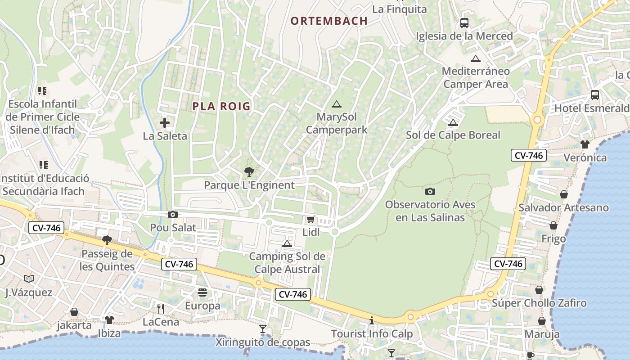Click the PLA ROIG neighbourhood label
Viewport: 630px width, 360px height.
pos(221,106)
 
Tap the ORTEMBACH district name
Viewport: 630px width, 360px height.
pos(329,21)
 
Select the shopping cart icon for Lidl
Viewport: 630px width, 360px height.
pos(310,220)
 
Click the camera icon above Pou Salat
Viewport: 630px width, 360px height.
pos(172,215)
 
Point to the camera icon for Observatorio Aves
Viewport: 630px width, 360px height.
pos(430,191)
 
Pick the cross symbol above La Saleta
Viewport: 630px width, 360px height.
pos(165,122)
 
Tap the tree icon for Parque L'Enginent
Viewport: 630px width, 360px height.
pos(249,171)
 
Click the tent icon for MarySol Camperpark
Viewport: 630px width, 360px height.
pos(336,104)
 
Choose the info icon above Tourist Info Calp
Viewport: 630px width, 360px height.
pos(372,321)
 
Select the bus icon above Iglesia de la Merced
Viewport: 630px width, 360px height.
pos(464,22)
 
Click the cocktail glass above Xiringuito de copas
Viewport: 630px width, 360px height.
pos(263,329)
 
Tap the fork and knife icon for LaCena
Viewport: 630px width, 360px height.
pos(161,309)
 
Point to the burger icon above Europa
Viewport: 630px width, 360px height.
pos(202,293)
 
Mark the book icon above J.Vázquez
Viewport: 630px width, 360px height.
pos(29,279)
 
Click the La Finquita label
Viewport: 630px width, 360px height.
pos(400,9)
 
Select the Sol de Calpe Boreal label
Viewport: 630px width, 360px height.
pos(453,135)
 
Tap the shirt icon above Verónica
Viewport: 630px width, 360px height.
pos(585,144)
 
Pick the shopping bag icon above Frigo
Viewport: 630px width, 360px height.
pos(553,225)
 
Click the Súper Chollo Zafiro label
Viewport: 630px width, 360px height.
pos(539,303)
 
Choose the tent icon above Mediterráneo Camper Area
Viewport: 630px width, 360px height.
pos(476,58)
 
